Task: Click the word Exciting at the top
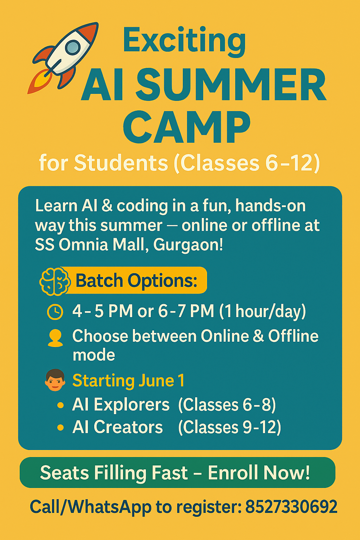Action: pyautogui.click(x=185, y=41)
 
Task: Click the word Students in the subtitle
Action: pyautogui.click(x=121, y=163)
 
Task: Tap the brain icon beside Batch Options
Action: pyautogui.click(x=55, y=281)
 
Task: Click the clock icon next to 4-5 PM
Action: pyautogui.click(x=55, y=312)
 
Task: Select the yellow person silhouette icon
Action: pyautogui.click(x=55, y=339)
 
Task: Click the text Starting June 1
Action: pyautogui.click(x=129, y=381)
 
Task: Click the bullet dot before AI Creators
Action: pyautogui.click(x=61, y=427)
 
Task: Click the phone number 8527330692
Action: pyautogui.click(x=291, y=507)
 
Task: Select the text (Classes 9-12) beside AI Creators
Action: pyautogui.click(x=229, y=427)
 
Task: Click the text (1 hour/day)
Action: pyautogui.click(x=263, y=312)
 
